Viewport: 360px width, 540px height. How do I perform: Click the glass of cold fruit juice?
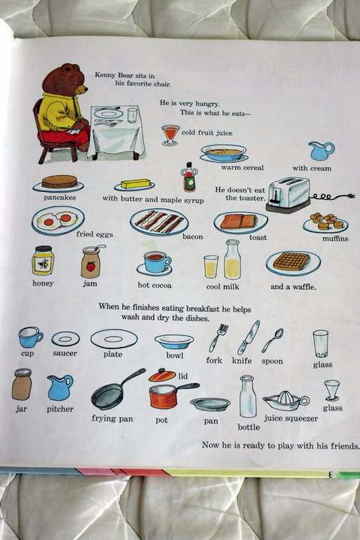(x=171, y=135)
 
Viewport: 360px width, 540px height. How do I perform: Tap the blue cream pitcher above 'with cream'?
(x=321, y=151)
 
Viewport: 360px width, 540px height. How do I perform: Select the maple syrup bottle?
(x=189, y=177)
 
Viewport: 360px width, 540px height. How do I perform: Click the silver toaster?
(x=288, y=194)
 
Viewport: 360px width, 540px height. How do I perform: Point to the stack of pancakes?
(x=59, y=182)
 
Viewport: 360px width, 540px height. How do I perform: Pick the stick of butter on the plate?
(x=135, y=184)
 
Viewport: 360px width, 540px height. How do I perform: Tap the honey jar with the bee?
(x=43, y=260)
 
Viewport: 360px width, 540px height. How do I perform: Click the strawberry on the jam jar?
(x=91, y=266)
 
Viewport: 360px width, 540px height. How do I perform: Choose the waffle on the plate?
(x=291, y=262)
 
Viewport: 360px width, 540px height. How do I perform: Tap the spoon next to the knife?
(x=272, y=340)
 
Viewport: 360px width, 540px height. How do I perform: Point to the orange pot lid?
(x=162, y=375)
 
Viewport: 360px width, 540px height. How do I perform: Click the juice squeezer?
(x=286, y=401)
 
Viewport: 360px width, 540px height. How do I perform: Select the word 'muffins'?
(x=335, y=238)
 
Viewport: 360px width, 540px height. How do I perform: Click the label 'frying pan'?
(x=112, y=419)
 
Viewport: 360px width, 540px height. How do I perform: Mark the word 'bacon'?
(x=192, y=236)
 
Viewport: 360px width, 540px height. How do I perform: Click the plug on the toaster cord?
(x=351, y=196)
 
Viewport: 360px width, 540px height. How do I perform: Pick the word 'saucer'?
(x=65, y=353)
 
